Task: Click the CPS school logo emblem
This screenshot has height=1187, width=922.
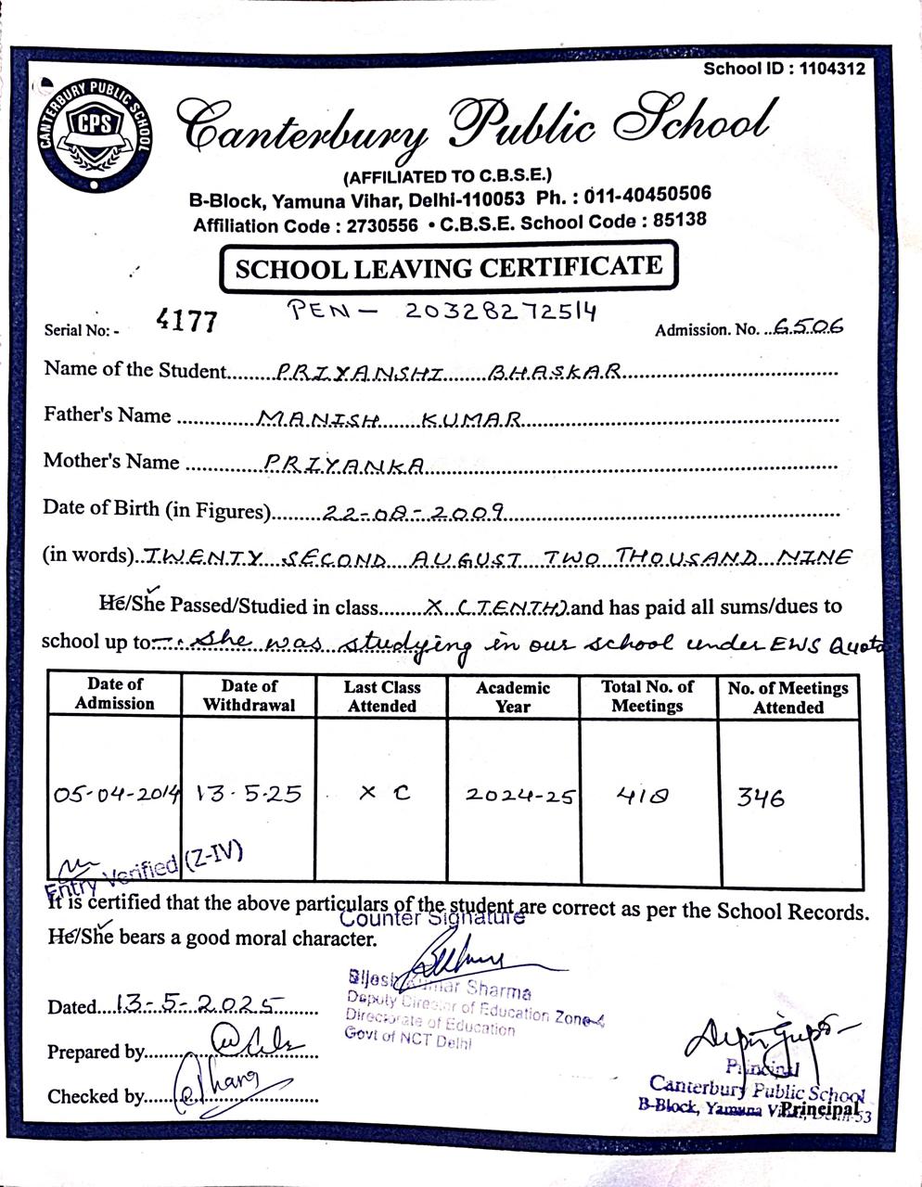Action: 91,132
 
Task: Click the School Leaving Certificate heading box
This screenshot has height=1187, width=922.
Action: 449,269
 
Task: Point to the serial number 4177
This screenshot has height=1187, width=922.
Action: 187,321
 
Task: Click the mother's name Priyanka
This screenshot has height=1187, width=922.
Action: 344,463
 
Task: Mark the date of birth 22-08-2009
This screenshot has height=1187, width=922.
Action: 413,511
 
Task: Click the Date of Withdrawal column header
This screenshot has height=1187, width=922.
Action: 250,696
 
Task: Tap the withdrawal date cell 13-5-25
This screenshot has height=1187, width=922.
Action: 249,795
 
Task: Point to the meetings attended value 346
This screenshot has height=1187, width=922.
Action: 761,797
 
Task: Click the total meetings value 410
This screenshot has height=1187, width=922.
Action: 642,795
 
